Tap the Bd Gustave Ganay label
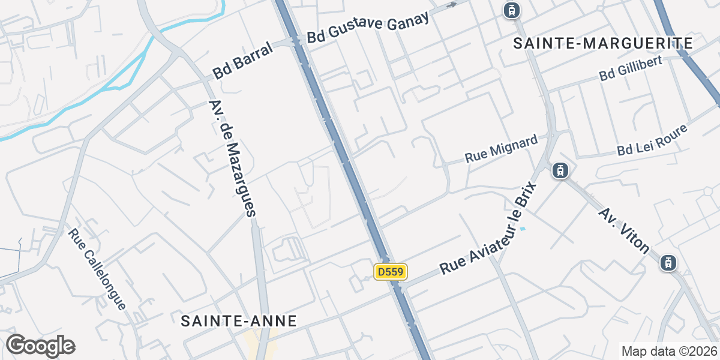click(x=368, y=27)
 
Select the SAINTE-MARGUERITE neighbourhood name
click(x=603, y=43)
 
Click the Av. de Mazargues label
click(x=232, y=158)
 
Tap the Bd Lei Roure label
click(x=651, y=140)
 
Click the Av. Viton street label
click(x=624, y=230)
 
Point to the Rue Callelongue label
click(x=97, y=269)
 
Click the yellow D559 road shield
click(x=391, y=272)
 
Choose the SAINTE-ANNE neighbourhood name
click(x=239, y=321)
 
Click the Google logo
click(x=40, y=346)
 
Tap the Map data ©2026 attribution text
click(x=669, y=351)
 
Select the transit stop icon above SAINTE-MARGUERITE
click(x=511, y=10)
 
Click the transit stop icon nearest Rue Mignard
click(x=560, y=170)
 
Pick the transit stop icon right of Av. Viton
click(x=668, y=263)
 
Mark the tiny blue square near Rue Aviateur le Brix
click(x=523, y=229)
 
